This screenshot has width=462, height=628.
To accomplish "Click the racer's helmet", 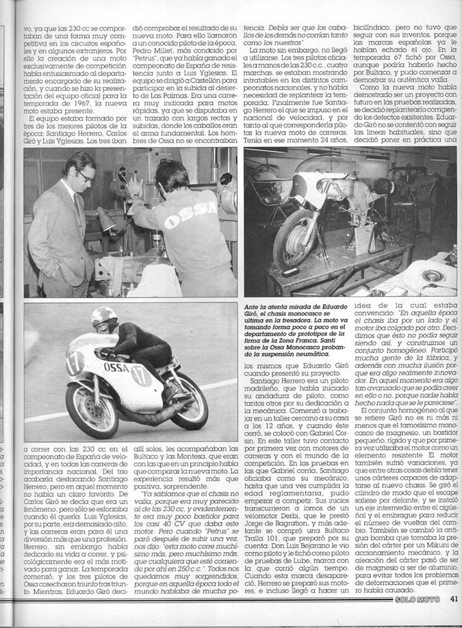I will pyautogui.click(x=105, y=319).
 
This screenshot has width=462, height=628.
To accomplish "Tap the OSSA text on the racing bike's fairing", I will pyautogui.click(x=116, y=367).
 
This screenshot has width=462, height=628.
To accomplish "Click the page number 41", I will pyautogui.click(x=454, y=619).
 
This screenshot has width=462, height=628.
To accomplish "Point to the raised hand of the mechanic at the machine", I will pyautogui.click(x=133, y=186).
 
